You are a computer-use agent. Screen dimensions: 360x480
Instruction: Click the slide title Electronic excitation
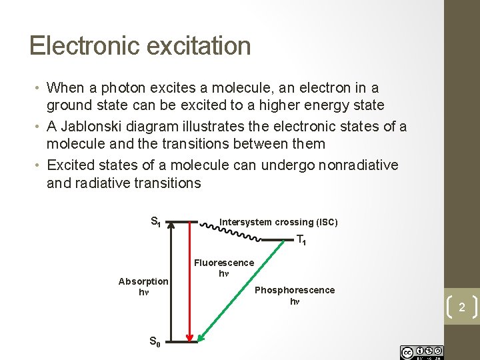[x=140, y=46]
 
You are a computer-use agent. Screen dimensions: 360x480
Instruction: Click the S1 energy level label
[x=155, y=221]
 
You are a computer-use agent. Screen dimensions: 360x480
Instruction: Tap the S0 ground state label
[x=155, y=323]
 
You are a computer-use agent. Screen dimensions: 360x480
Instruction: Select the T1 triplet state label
[x=301, y=241]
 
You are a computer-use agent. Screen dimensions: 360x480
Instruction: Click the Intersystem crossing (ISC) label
[x=279, y=222]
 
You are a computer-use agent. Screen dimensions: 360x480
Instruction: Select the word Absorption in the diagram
[x=143, y=281]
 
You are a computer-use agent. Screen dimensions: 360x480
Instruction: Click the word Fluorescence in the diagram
[x=224, y=263]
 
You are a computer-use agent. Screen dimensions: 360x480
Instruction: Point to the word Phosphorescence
[x=295, y=290]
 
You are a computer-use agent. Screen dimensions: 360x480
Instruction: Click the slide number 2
[x=461, y=307]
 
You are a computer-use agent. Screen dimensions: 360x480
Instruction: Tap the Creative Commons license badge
[x=421, y=351]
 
